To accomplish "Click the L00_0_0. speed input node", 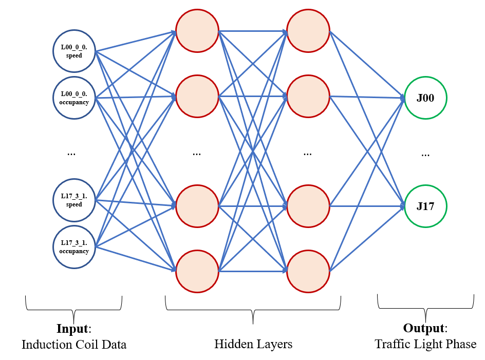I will [74, 51].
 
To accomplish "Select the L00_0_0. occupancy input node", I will [74, 98].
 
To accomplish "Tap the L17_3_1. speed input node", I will [74, 200].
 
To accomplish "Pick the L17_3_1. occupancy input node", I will [74, 247].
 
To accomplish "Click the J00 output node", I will [425, 98].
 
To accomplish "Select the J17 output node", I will [425, 206].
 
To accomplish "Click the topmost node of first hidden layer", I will [197, 31].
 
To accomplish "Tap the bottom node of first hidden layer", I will [197, 271].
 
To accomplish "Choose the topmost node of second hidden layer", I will [308, 31].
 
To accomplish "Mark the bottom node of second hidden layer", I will [308, 271].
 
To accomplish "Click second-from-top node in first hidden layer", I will [197, 96].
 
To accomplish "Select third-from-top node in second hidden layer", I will [308, 206].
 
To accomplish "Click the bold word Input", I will [72, 329].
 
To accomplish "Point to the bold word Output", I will [424, 329].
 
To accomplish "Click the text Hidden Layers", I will [253, 344].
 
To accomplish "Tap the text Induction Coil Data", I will [74, 345].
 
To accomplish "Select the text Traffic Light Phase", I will [425, 344].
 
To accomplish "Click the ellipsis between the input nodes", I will [71, 153].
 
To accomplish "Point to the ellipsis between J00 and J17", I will [425, 154].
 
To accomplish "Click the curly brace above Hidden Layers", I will [253, 310].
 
